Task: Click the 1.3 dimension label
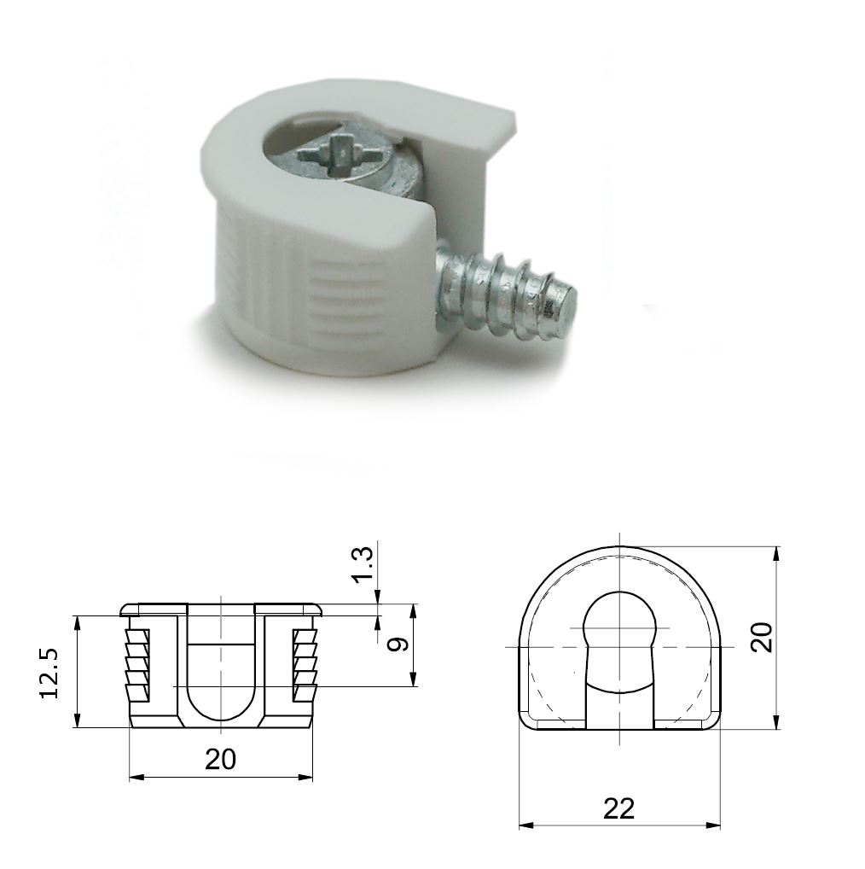[362, 565]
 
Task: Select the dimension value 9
[394, 644]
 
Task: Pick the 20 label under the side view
[220, 759]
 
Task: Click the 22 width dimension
[619, 808]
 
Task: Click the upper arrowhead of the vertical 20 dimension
[775, 553]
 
